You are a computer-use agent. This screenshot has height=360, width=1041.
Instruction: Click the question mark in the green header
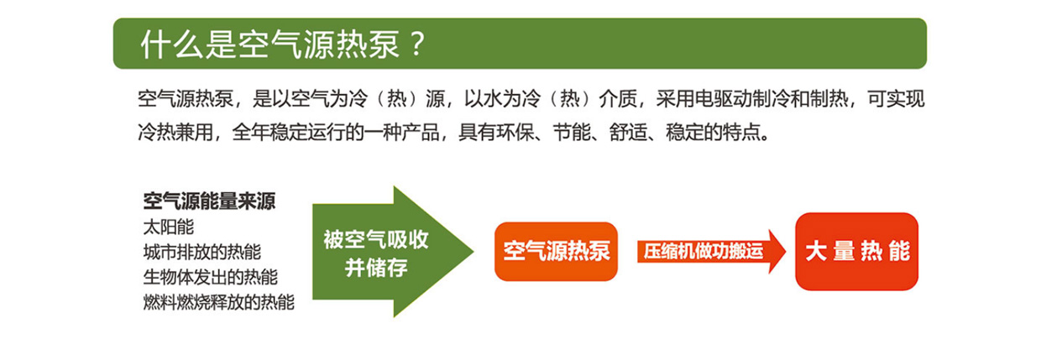click(418, 44)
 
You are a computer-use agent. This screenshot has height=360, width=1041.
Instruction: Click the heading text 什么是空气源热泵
click(270, 45)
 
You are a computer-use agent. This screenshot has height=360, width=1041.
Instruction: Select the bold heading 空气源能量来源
click(209, 201)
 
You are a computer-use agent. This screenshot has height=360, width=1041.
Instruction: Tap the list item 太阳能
click(168, 227)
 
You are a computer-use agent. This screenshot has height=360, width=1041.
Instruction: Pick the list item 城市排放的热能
click(202, 253)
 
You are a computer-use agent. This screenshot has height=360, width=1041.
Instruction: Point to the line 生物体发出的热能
click(211, 277)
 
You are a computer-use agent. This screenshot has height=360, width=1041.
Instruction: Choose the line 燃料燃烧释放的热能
click(219, 302)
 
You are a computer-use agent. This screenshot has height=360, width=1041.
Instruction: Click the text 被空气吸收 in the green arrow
click(376, 240)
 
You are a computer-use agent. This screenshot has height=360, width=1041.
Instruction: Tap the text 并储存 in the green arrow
click(376, 268)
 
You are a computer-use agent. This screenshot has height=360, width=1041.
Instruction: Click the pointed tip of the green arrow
click(473, 252)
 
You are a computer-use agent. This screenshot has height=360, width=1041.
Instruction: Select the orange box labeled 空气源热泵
click(556, 251)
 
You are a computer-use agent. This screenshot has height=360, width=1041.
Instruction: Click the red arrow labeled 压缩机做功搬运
click(711, 251)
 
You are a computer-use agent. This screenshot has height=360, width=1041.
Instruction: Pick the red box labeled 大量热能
click(856, 251)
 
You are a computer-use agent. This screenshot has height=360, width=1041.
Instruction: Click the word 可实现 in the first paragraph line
click(896, 99)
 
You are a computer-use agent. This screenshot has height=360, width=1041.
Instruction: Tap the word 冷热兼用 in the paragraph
click(175, 133)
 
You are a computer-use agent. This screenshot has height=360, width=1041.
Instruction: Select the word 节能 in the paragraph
click(572, 133)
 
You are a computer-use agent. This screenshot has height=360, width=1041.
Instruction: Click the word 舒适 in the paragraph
click(628, 133)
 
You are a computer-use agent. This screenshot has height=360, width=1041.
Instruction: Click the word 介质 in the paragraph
click(618, 99)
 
